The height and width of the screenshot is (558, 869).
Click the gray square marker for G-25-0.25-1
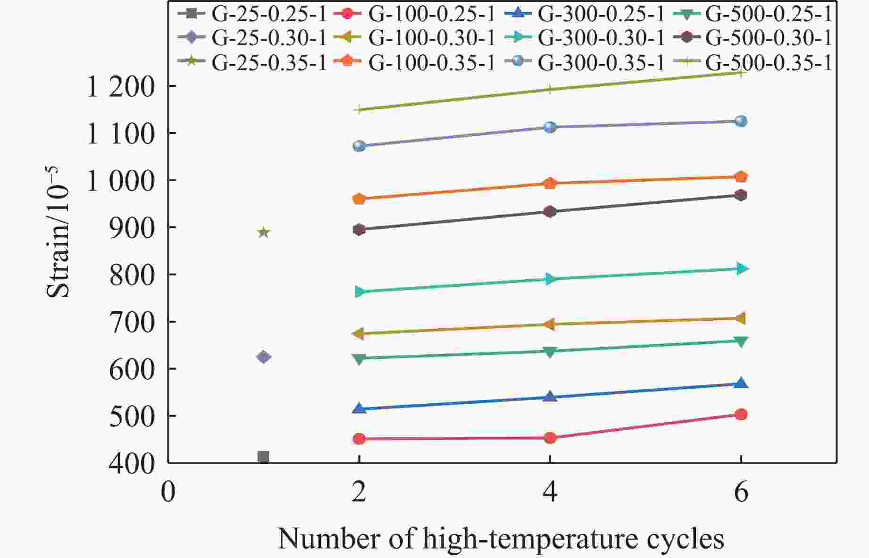(x=263, y=457)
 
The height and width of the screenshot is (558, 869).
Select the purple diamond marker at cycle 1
(x=263, y=357)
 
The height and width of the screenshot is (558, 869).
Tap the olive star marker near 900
(x=264, y=232)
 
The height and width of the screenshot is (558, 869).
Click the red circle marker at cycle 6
(x=741, y=414)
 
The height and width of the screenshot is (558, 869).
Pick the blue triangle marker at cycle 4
(x=550, y=397)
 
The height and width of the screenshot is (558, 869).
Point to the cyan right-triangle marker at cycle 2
(x=359, y=292)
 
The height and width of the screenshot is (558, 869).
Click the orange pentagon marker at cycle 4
(x=550, y=183)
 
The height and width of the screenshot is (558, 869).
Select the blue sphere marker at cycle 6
(x=741, y=121)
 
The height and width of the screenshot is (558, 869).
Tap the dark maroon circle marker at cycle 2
(x=359, y=230)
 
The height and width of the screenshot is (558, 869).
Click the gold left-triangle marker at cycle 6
(x=740, y=318)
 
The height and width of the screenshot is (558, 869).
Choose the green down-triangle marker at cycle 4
(x=550, y=352)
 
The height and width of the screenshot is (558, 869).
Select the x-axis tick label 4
(x=550, y=492)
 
